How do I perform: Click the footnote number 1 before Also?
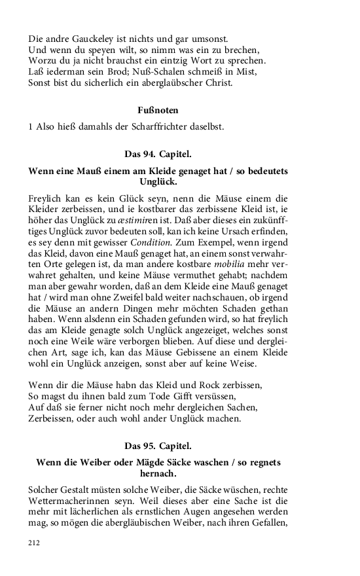click(x=31, y=126)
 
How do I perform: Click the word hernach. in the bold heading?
click(x=158, y=474)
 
